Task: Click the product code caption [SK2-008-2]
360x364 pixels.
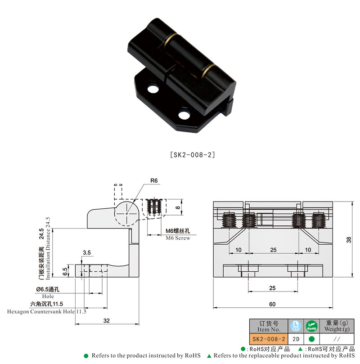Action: coord(193,155)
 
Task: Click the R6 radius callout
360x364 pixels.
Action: coord(154,180)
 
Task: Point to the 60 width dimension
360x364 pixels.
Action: coord(272,304)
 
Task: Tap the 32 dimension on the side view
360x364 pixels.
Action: coord(107,320)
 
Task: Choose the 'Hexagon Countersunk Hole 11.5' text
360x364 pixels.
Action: coord(47,311)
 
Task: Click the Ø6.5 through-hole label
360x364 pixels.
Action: coord(43,290)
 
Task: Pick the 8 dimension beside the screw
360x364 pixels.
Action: coord(178,208)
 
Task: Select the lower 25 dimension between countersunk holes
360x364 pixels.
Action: coord(272,288)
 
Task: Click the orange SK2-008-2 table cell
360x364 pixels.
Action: coord(269,338)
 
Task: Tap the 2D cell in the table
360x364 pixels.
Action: coord(296,338)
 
